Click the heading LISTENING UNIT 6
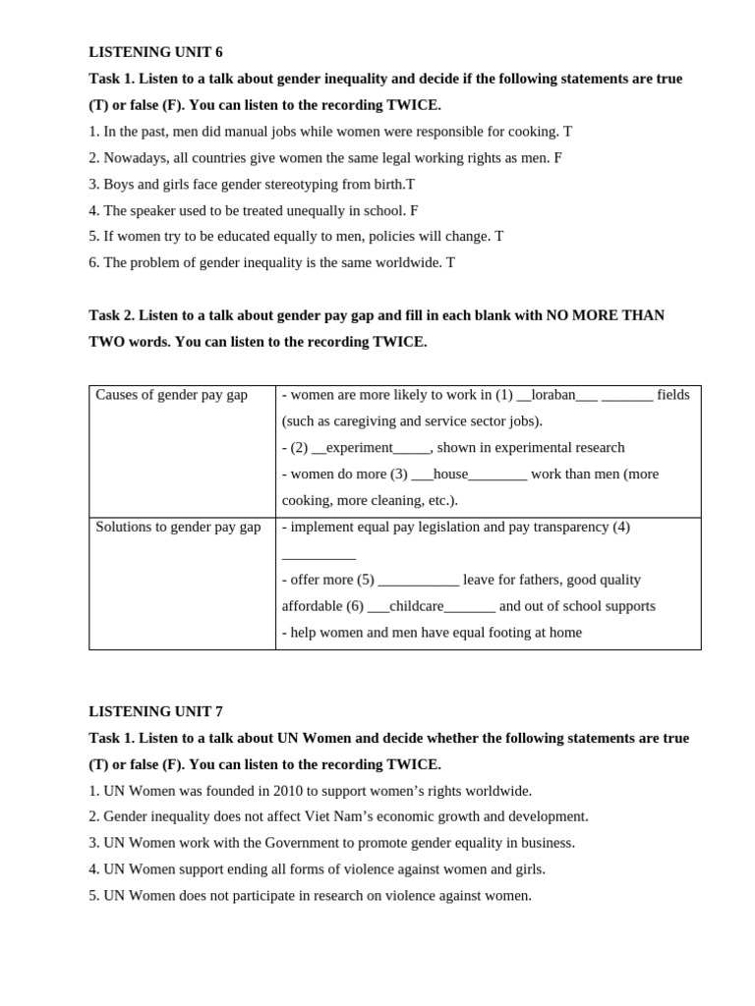pyautogui.click(x=155, y=52)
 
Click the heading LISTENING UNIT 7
pyautogui.click(x=155, y=711)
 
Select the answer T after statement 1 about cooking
pyautogui.click(x=567, y=132)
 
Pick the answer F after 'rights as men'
pyautogui.click(x=557, y=157)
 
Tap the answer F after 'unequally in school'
pyautogui.click(x=414, y=210)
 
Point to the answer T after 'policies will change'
pyautogui.click(x=498, y=237)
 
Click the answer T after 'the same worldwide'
pyautogui.click(x=450, y=263)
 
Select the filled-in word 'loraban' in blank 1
pyautogui.click(x=552, y=395)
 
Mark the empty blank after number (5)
pyautogui.click(x=418, y=581)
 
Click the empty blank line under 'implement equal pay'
pyautogui.click(x=319, y=555)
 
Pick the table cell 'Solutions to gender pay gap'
pyautogui.click(x=178, y=527)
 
